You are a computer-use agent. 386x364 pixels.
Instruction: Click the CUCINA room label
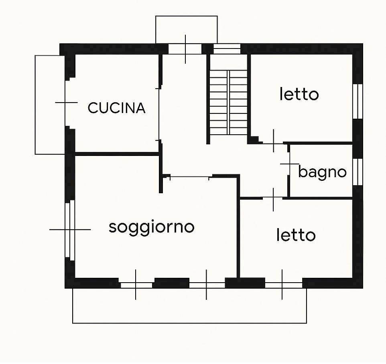point(116,108)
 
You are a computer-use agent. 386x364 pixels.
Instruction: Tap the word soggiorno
point(152,227)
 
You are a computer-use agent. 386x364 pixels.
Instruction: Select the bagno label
point(322,172)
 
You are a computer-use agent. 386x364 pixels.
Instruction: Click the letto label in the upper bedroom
point(299,95)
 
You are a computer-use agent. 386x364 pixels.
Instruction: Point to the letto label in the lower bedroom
point(296,235)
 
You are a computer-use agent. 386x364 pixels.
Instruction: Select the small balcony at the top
point(186,29)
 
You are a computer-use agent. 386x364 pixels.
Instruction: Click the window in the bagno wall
point(358,172)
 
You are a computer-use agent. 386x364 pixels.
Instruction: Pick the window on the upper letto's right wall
point(358,101)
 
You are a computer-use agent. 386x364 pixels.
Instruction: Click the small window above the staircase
point(227,49)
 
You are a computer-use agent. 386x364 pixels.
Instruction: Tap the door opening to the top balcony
point(185,49)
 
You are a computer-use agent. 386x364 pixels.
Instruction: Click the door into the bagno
point(289,164)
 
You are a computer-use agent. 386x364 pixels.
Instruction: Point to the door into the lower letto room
point(274,198)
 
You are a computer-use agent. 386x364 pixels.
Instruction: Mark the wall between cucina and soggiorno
point(116,154)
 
